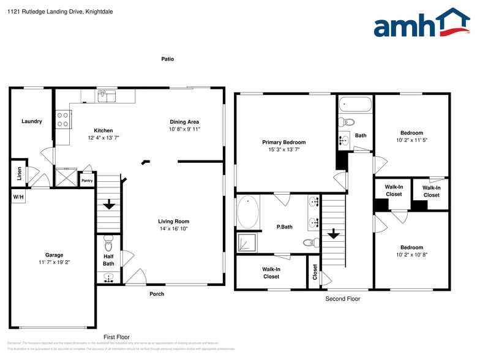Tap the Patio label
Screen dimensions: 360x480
[167, 59]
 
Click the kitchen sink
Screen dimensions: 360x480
[107, 96]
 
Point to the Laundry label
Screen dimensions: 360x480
[32, 121]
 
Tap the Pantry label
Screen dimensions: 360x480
[87, 181]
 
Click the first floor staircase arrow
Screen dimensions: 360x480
[109, 204]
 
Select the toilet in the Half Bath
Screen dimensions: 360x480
[109, 244]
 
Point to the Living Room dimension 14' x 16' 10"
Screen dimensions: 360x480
[174, 229]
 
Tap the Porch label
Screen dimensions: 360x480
[157, 294]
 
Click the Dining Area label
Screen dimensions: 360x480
[184, 122]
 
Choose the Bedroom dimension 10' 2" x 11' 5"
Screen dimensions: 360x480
[411, 140]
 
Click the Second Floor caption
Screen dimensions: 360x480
[342, 299]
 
